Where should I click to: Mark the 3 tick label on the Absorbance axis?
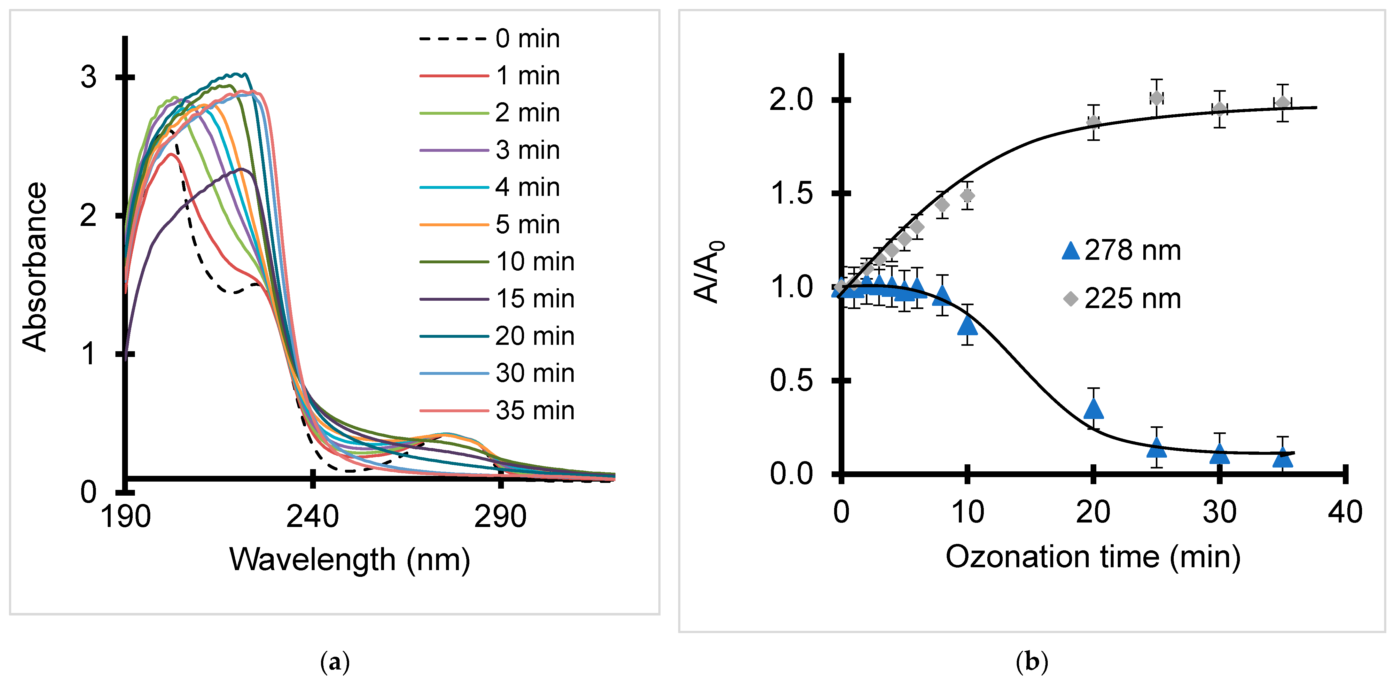(x=88, y=77)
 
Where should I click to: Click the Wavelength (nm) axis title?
(x=349, y=559)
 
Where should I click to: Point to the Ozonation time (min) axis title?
(x=1092, y=557)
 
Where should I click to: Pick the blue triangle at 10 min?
(x=967, y=325)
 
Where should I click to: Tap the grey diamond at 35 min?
(x=1282, y=103)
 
